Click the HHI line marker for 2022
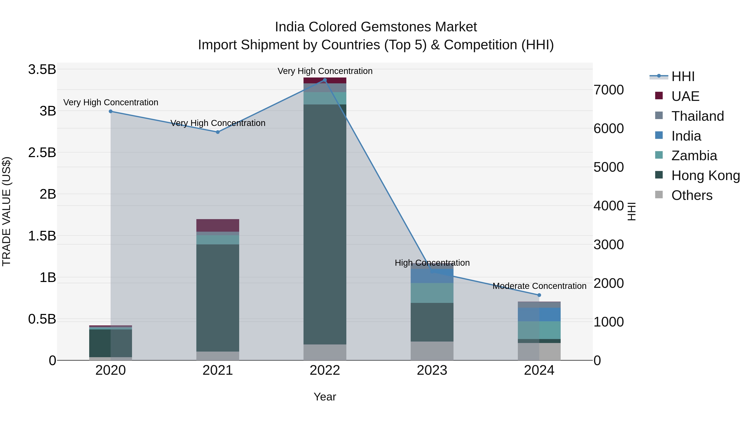[325, 80]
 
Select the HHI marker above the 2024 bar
[539, 295]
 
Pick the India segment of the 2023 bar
[432, 276]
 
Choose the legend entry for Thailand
[698, 116]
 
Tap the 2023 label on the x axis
[432, 370]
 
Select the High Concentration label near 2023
[432, 263]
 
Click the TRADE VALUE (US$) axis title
[6, 211]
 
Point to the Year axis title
[325, 397]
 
